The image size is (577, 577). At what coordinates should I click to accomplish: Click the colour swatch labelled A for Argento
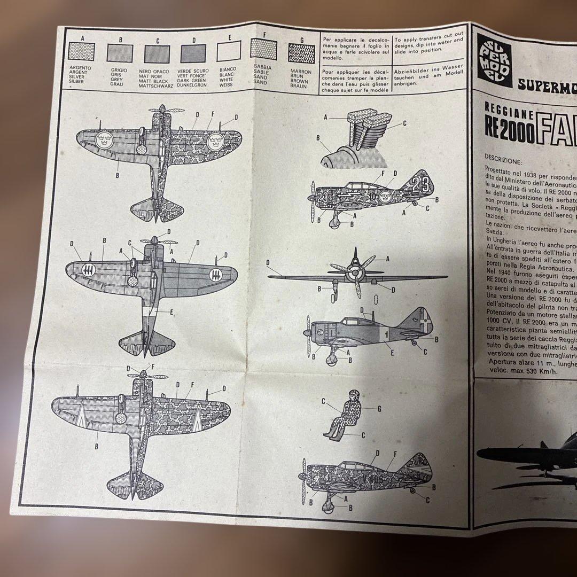[83, 53]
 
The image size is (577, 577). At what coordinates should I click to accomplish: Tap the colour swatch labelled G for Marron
[301, 54]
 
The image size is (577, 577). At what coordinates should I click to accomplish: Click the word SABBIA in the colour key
[263, 68]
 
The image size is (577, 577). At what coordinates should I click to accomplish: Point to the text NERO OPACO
[154, 71]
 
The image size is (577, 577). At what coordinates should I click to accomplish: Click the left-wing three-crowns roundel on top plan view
[104, 141]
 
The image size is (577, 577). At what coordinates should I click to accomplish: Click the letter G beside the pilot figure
[379, 409]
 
